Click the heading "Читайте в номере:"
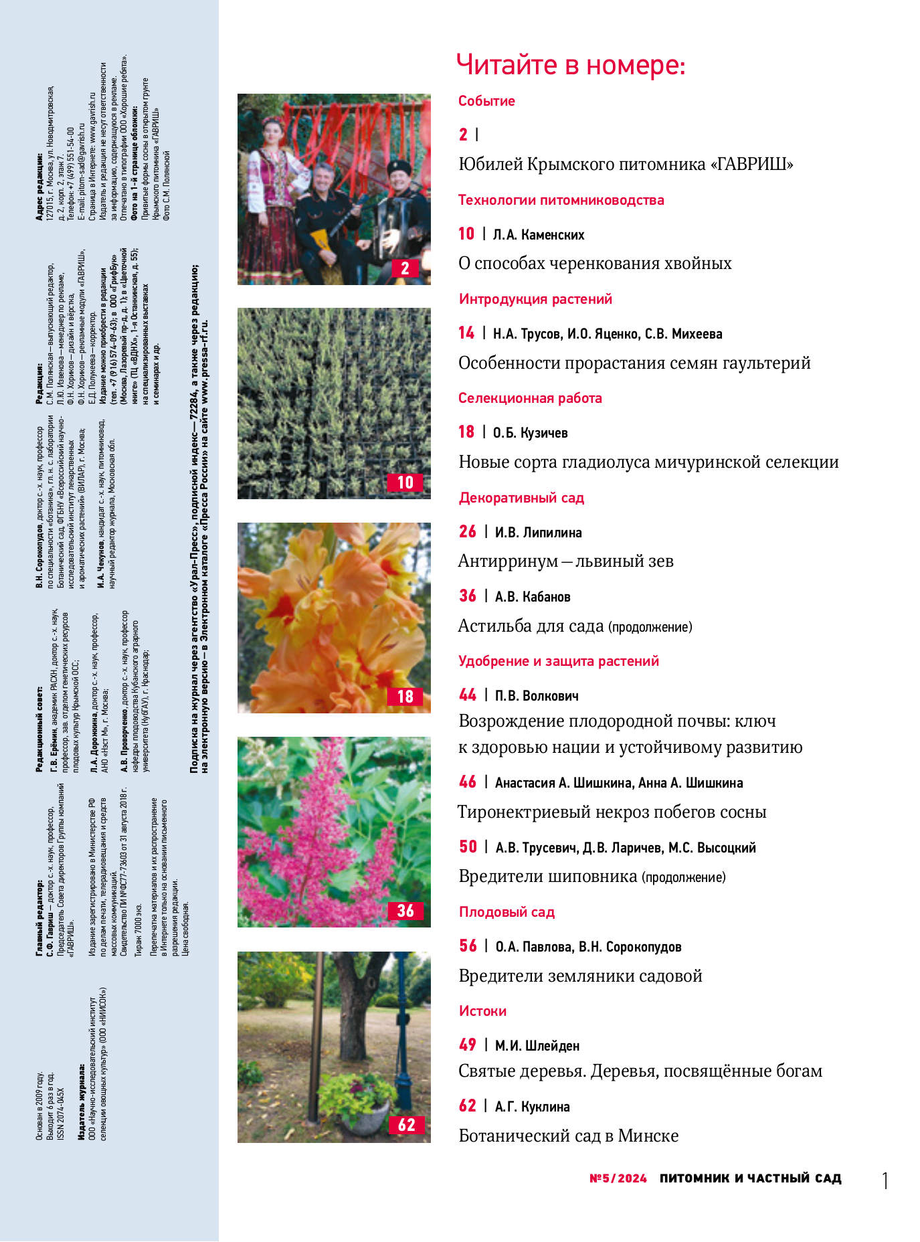point(570,65)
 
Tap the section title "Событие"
point(486,101)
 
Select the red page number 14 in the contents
point(466,333)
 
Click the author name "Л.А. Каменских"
point(539,235)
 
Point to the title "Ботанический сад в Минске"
point(568,1136)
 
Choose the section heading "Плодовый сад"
point(507,912)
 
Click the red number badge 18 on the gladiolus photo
point(405,697)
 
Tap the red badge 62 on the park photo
point(406,1125)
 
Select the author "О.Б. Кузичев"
point(530,433)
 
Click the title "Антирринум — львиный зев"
point(565,561)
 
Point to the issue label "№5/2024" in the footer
point(618,1178)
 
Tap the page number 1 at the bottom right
point(885,1180)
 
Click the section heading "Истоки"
point(482,1011)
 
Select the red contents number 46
point(468,782)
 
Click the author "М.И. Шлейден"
point(537,1045)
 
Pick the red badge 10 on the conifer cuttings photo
point(405,482)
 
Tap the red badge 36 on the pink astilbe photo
point(405,911)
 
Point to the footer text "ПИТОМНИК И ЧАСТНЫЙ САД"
point(750,1178)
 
